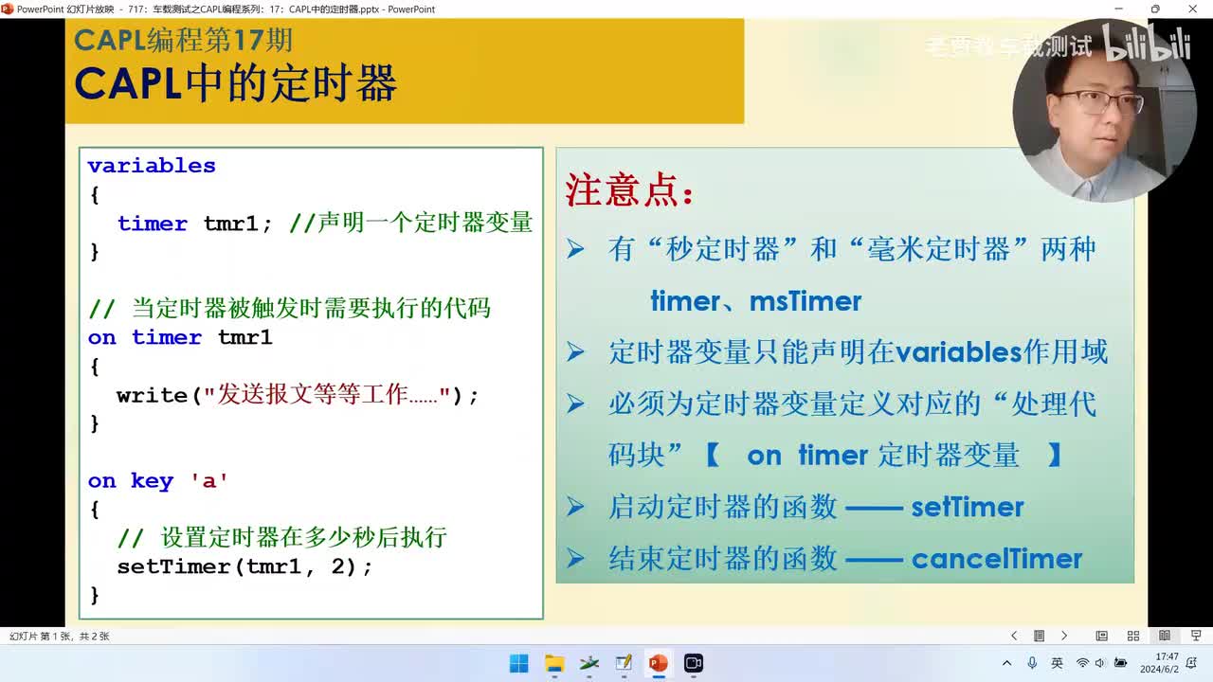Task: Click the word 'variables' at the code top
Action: [152, 166]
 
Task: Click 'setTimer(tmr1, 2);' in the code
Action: [244, 566]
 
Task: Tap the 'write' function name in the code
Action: [152, 395]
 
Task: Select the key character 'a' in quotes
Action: [209, 481]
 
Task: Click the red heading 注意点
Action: [629, 190]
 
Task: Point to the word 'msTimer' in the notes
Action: [806, 301]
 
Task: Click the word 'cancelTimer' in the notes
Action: [996, 559]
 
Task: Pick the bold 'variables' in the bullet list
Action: [958, 352]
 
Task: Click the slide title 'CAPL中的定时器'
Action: [235, 83]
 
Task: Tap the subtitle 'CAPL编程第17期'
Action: [183, 40]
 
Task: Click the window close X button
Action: [1192, 9]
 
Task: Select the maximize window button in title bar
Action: [1154, 9]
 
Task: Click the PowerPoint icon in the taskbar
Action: [658, 663]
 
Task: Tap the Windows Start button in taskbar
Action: [519, 663]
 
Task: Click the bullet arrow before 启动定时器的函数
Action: [575, 507]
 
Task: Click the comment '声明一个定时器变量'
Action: [425, 223]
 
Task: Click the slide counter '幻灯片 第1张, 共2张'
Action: [59, 637]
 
